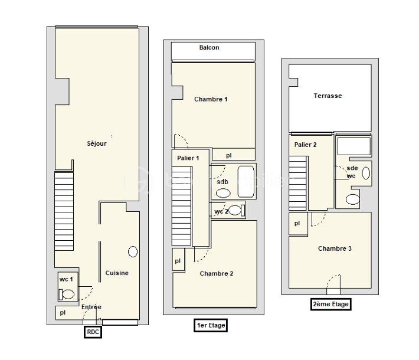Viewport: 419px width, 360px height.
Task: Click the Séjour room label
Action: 97,143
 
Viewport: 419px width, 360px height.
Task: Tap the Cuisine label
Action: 117,273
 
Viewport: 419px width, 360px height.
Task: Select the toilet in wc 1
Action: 67,294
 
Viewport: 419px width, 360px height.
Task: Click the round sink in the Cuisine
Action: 133,251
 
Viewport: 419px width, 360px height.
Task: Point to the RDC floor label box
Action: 93,332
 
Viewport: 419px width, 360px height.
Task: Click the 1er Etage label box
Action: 211,325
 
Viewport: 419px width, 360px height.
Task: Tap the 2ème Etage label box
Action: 330,304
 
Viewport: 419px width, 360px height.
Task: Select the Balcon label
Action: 209,48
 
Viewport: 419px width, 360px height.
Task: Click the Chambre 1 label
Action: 211,99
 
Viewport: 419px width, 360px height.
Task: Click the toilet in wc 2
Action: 237,210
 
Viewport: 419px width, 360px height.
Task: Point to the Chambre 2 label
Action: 217,273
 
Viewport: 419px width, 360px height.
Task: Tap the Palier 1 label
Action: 188,158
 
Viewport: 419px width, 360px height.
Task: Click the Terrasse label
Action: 328,96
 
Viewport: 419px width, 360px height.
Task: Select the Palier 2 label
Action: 305,145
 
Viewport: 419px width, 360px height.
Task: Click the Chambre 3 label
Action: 335,248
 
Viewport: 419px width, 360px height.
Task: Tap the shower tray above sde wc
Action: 354,146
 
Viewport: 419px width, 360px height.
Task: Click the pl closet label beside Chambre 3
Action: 297,223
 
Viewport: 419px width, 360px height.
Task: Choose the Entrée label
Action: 91,307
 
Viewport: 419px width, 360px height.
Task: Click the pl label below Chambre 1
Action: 229,155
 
